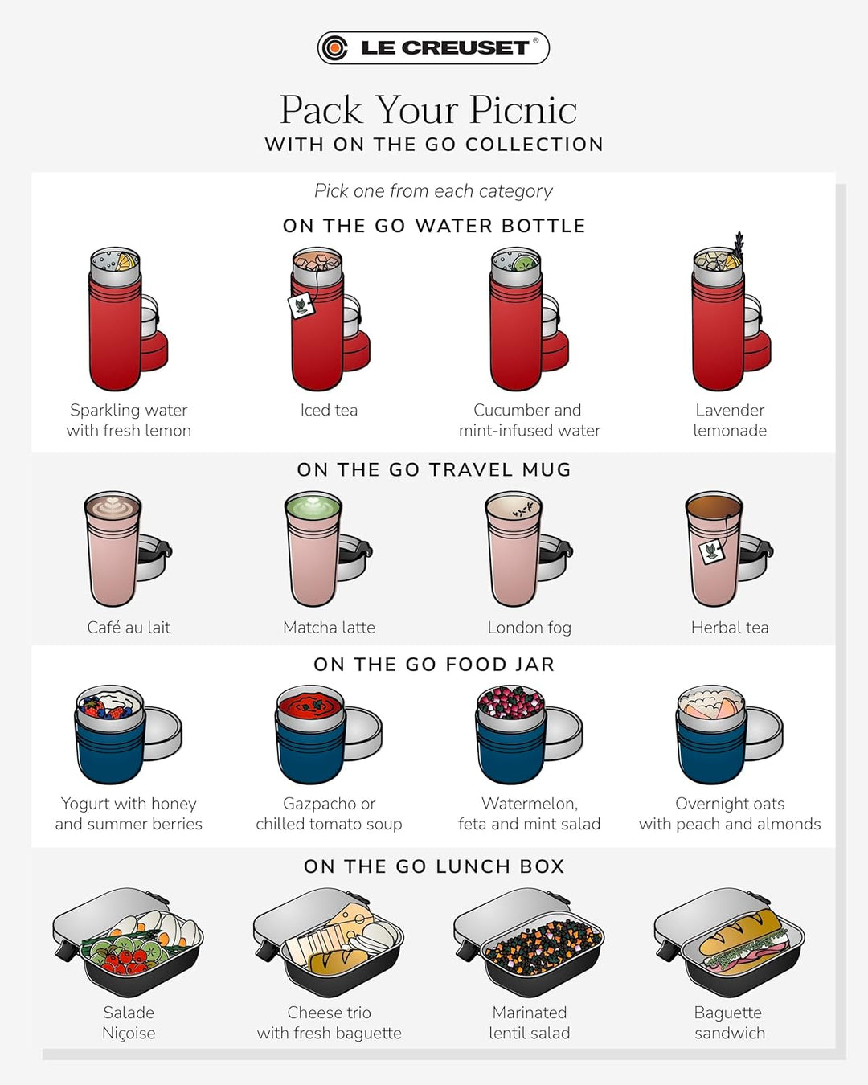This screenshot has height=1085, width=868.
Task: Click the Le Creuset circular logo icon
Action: [x=335, y=48]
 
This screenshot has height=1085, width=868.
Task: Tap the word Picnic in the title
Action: [x=523, y=109]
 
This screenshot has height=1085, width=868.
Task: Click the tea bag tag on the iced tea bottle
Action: [x=301, y=305]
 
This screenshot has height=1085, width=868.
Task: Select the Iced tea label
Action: [x=329, y=410]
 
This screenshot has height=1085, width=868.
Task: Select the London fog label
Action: [x=529, y=628]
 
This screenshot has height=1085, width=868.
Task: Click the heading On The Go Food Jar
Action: [x=434, y=665]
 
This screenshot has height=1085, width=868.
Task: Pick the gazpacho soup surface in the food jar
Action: [x=310, y=705]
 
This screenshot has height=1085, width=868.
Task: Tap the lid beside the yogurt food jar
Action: [x=162, y=733]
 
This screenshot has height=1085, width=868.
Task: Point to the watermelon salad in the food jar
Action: [x=510, y=702]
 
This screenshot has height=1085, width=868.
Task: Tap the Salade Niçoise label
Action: [x=129, y=1022]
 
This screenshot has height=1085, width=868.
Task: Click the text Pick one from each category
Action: [x=433, y=191]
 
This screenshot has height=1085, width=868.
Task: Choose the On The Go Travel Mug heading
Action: [x=434, y=469]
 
